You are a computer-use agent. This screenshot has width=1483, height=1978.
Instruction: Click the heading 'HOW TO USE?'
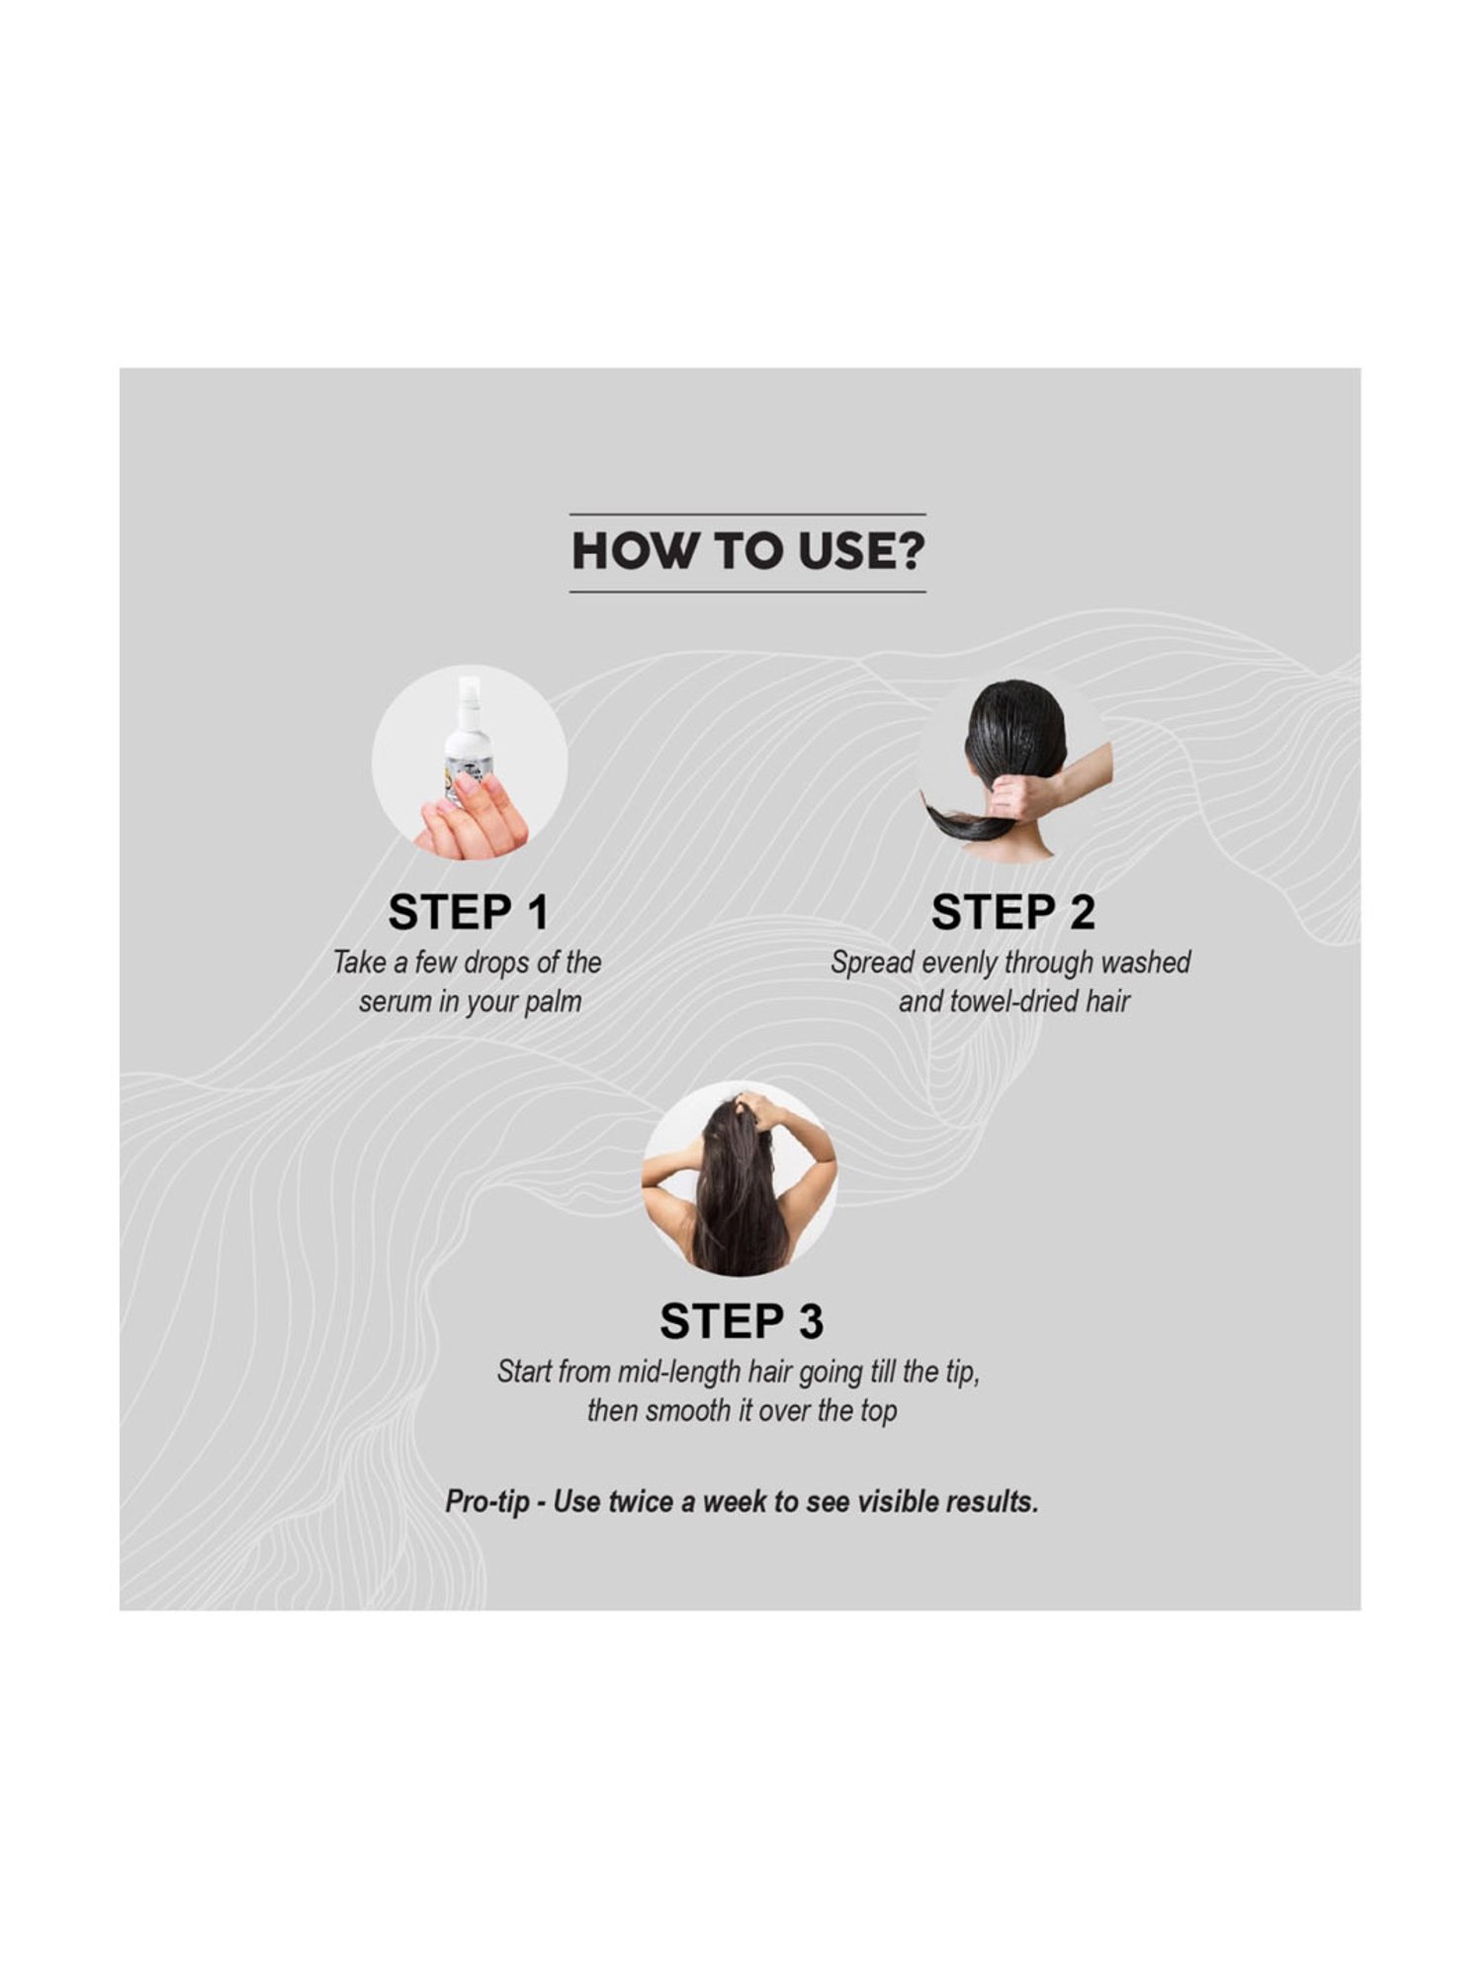[x=748, y=552]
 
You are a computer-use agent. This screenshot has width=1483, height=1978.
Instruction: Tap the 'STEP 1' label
[x=469, y=912]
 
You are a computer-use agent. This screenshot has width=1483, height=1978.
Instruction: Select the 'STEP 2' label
[x=1013, y=912]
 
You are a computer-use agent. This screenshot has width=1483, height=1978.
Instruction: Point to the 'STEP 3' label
[x=741, y=1321]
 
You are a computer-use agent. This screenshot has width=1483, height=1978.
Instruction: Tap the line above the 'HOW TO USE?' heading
[x=747, y=514]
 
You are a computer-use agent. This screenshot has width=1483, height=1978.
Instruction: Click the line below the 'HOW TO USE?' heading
[x=747, y=591]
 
